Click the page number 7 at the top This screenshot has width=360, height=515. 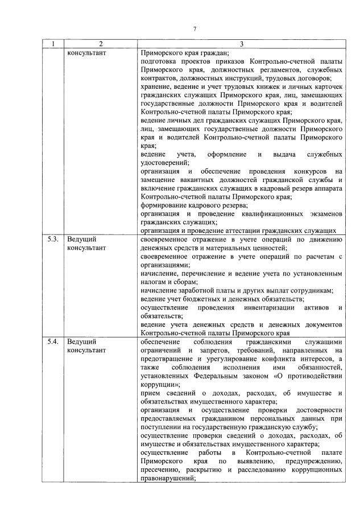(195, 29)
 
